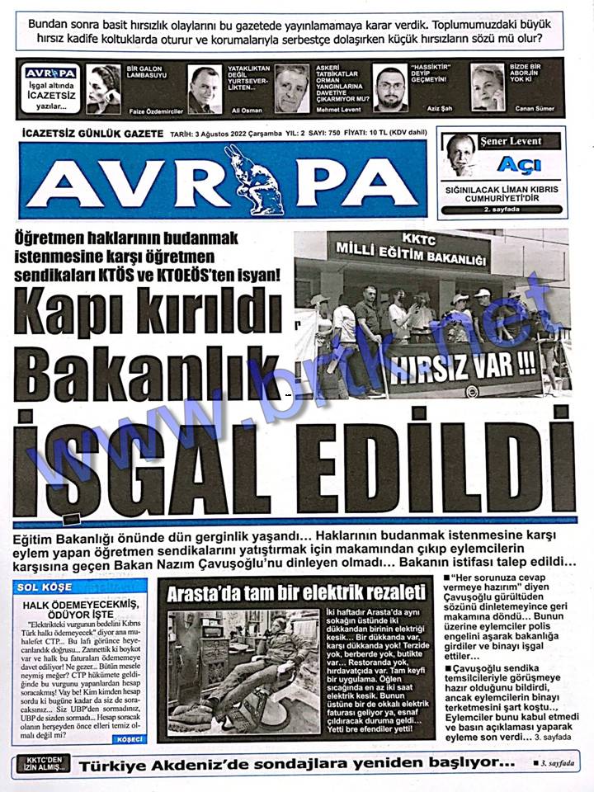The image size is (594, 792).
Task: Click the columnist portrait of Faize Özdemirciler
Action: click(103, 87)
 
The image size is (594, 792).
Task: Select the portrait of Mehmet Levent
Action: click(291, 87)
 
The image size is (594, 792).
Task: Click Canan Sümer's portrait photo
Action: click(487, 87)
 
